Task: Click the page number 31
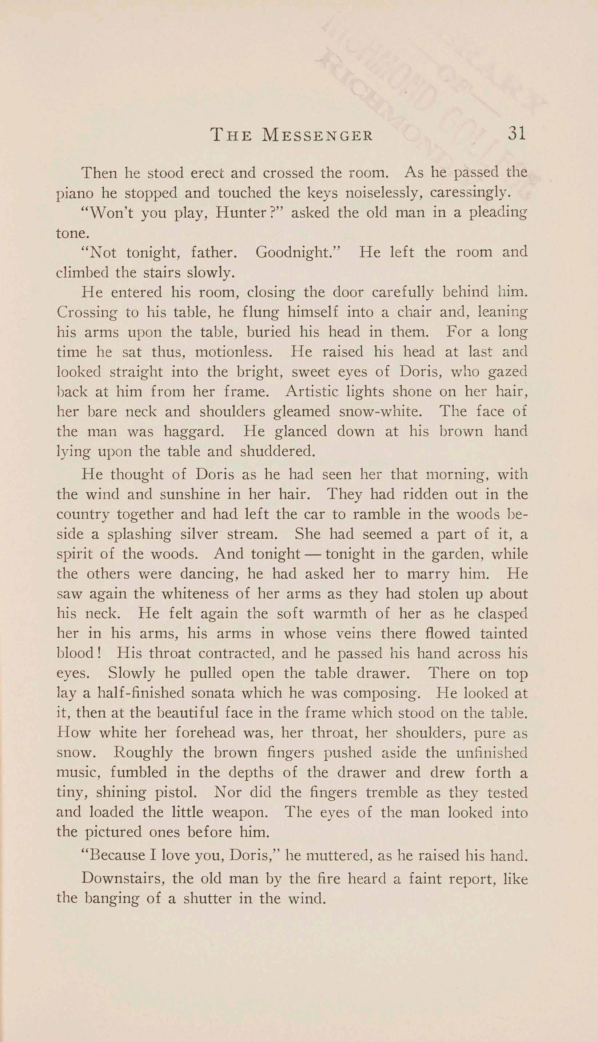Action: point(517,134)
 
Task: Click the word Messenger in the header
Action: point(318,135)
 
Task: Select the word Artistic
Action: point(312,391)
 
